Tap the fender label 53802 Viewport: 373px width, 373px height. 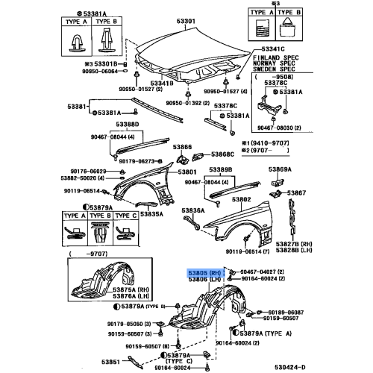(240, 200)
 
